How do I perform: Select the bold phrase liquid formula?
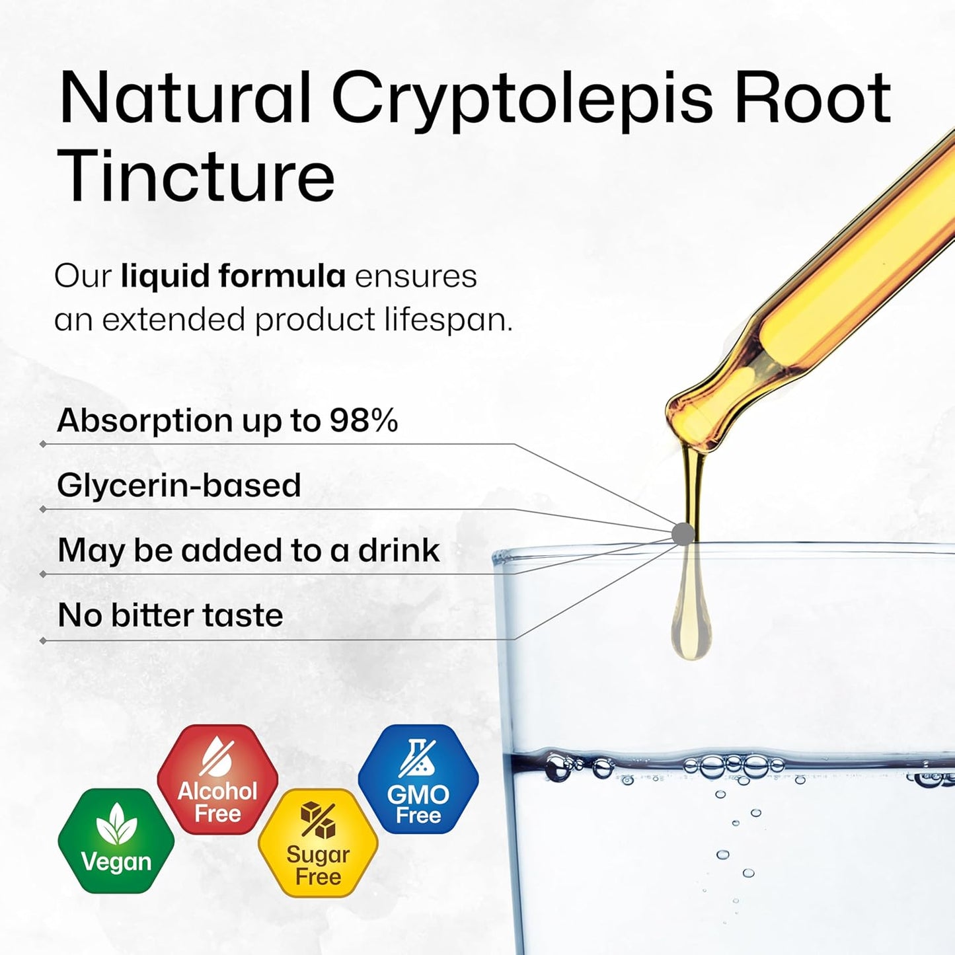click(x=233, y=276)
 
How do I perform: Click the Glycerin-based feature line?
click(x=179, y=485)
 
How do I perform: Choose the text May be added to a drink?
click(x=248, y=550)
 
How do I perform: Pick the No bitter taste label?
click(x=171, y=615)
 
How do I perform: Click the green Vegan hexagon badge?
click(x=116, y=841)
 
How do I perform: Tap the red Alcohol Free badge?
click(x=217, y=779)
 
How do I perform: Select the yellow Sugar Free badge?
click(x=318, y=843)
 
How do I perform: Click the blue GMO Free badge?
click(x=418, y=779)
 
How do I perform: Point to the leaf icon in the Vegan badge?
click(x=116, y=824)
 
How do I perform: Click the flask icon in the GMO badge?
click(x=418, y=757)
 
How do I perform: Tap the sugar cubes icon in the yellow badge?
click(x=318, y=820)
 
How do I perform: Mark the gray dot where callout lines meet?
click(x=683, y=533)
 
